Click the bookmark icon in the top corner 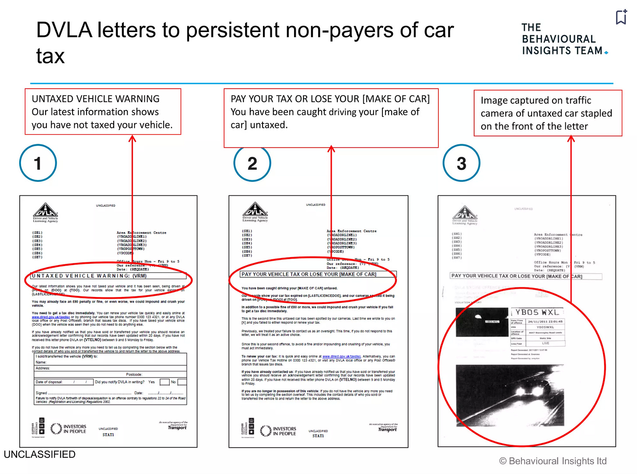click(621, 17)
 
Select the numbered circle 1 click(38, 163)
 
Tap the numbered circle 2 click(252, 163)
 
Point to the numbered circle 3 click(462, 163)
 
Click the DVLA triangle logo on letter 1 click(45, 210)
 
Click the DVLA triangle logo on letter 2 click(255, 209)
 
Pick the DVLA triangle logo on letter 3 click(465, 212)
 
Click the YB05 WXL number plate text click(537, 312)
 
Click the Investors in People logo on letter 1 click(69, 428)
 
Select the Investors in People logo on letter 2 click(278, 431)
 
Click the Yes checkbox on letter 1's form click(164, 382)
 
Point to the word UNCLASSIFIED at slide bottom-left click(39, 455)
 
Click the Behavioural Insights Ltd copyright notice click(553, 461)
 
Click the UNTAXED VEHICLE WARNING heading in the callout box click(95, 99)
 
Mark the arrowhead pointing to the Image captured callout click(571, 139)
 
